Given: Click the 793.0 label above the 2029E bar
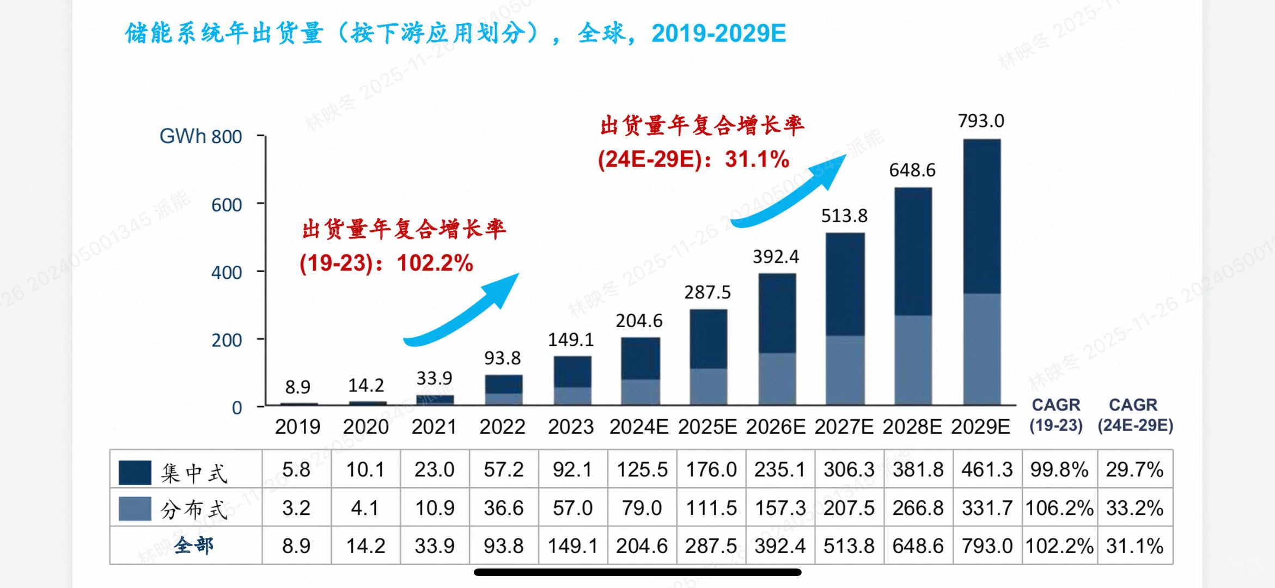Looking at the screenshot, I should coord(981,120).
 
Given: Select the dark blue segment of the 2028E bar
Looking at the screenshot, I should coord(913,252).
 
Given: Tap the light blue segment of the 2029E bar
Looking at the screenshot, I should coord(981,349).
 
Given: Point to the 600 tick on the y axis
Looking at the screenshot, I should coord(226,205).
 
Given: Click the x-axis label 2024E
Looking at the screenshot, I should coord(638,427).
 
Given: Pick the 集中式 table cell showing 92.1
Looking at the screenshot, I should coord(572,469).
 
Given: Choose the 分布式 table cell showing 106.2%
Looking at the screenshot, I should coord(1059,508).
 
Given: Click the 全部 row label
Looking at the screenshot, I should coord(193,545).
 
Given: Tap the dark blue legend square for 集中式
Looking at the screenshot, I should coord(135,472).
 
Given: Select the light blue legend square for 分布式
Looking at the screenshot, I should coord(135,509).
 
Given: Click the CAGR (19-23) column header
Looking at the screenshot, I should coord(1056,415).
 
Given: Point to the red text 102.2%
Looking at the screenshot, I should coord(435,263).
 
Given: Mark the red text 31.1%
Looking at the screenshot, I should coord(757,160).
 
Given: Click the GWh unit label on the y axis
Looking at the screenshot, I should coord(182,136).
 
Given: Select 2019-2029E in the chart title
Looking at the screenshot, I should coord(718,34).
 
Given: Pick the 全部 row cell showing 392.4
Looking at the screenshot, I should coord(779,546).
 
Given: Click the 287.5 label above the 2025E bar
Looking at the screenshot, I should coord(707,292).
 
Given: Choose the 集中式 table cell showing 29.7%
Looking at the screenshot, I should coord(1134,469).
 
